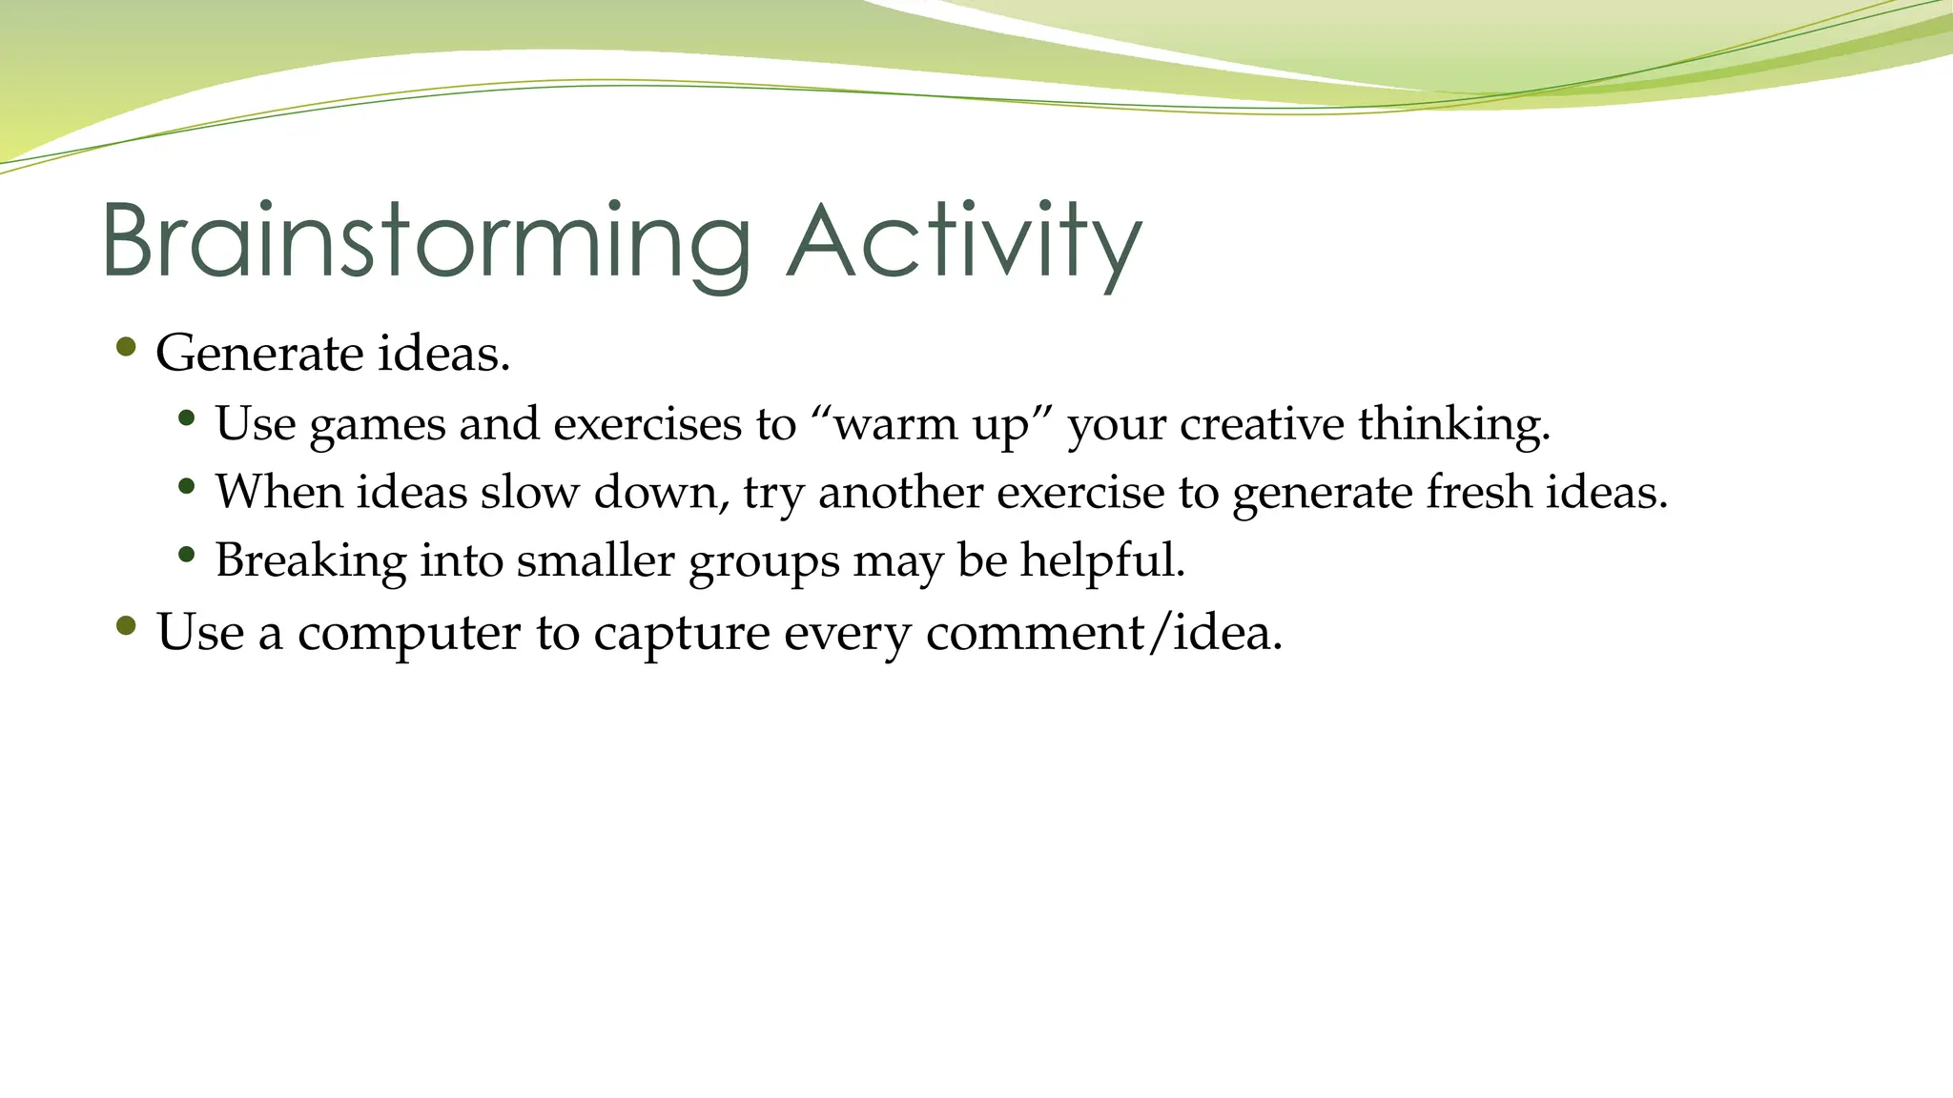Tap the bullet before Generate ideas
coord(125,347)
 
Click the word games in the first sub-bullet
coord(378,424)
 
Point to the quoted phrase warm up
coord(931,424)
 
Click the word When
coord(278,493)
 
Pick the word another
coord(900,493)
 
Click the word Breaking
coord(311,560)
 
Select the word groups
coord(764,561)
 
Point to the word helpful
coord(1102,560)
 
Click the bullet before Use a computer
coord(125,626)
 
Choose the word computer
coord(409,634)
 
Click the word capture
coord(681,634)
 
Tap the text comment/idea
coord(1103,633)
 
